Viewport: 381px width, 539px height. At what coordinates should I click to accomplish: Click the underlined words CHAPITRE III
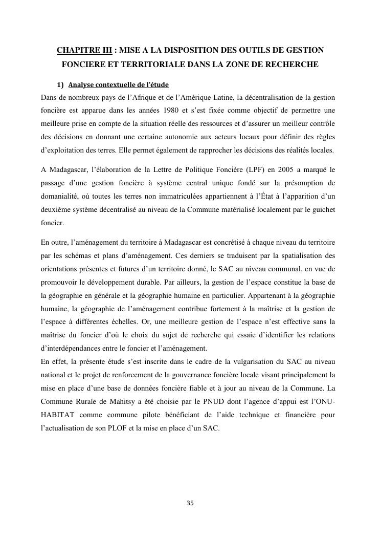tap(84, 51)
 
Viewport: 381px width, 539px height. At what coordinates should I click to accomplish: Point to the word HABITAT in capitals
tap(58, 415)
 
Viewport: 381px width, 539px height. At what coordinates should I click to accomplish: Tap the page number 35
tap(190, 503)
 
